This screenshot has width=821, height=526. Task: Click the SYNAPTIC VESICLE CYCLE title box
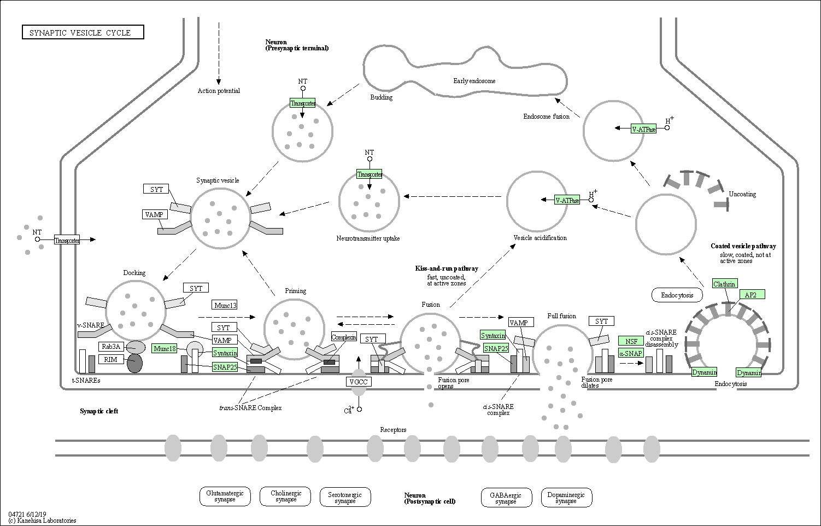pyautogui.click(x=83, y=32)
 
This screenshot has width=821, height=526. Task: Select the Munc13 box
pyautogui.click(x=225, y=305)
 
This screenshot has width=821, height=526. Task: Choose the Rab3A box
pyautogui.click(x=111, y=347)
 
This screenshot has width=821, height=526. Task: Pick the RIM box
pyautogui.click(x=111, y=360)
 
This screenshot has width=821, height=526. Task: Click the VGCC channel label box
pyautogui.click(x=359, y=382)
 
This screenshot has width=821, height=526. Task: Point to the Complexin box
pyautogui.click(x=344, y=337)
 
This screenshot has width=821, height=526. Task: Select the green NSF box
pyautogui.click(x=631, y=341)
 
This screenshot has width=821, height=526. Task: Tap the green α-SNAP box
pyautogui.click(x=631, y=353)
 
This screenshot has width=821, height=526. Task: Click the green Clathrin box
pyautogui.click(x=725, y=284)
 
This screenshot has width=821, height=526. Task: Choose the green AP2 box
pyautogui.click(x=752, y=294)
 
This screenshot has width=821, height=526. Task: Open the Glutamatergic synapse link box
pyautogui.click(x=225, y=496)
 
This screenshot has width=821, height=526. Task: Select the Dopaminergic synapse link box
pyautogui.click(x=567, y=498)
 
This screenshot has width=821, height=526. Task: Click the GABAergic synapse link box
pyautogui.click(x=506, y=498)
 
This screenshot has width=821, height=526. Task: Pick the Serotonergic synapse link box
pyautogui.click(x=345, y=497)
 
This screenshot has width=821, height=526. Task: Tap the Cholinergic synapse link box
pyautogui.click(x=285, y=496)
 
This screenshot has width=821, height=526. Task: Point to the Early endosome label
pyautogui.click(x=474, y=81)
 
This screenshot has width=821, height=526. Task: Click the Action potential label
pyautogui.click(x=219, y=91)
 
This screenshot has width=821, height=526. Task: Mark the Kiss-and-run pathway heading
pyautogui.click(x=447, y=268)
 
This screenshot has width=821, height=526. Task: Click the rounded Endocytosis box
pyautogui.click(x=677, y=295)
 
